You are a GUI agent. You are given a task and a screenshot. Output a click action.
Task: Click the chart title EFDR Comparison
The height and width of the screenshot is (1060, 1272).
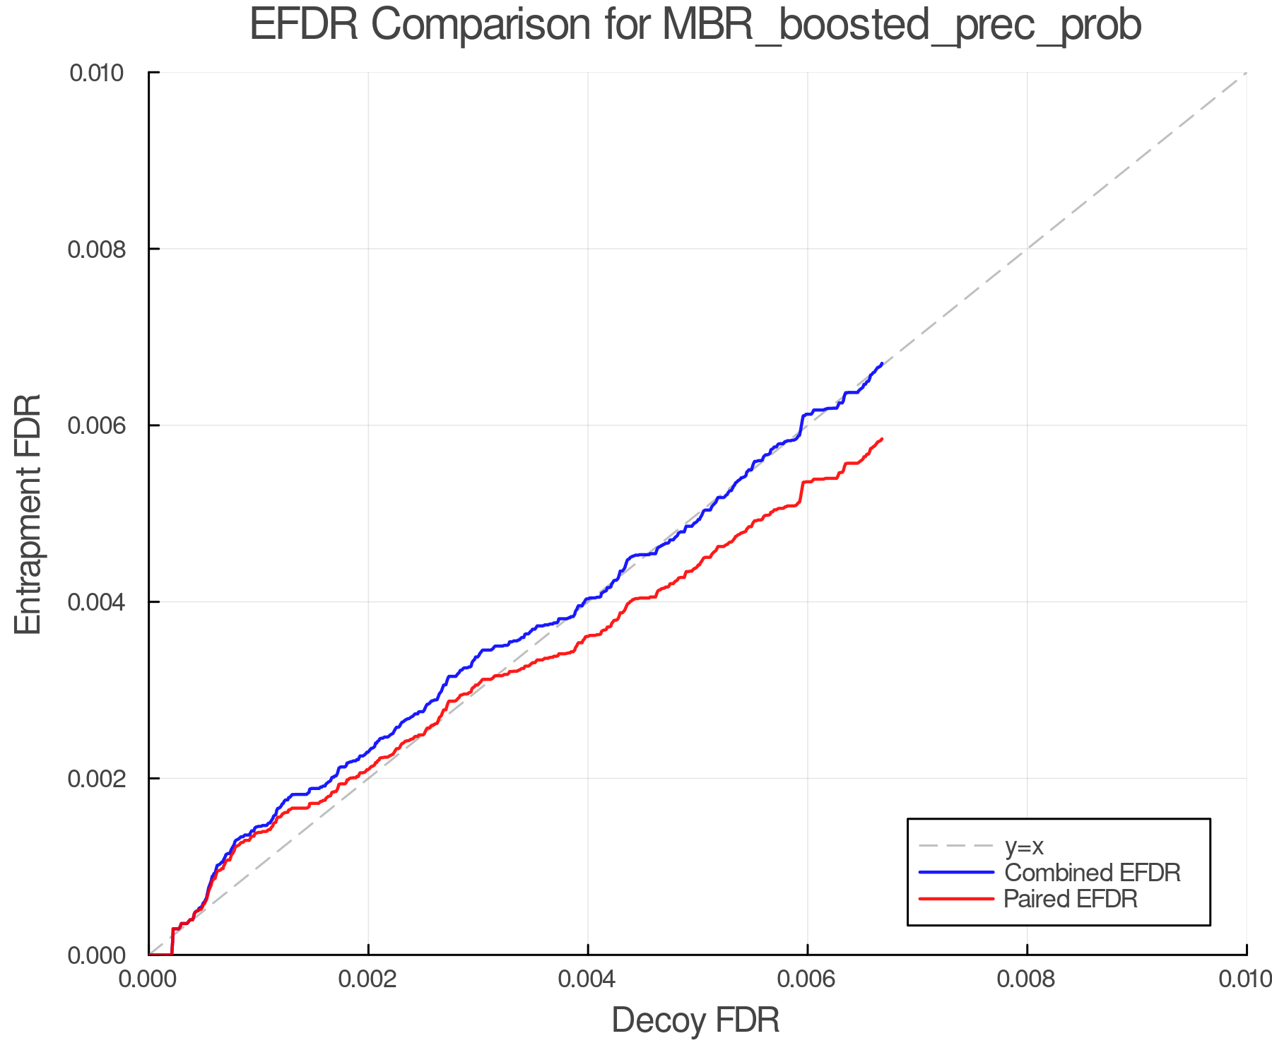(x=695, y=25)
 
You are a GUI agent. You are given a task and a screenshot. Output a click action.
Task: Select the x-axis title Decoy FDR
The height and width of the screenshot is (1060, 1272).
(x=695, y=1020)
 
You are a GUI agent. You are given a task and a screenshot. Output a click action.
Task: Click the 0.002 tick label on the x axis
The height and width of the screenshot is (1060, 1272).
(x=368, y=979)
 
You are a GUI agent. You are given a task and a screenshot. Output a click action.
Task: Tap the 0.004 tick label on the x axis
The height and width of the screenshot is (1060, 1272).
(x=588, y=979)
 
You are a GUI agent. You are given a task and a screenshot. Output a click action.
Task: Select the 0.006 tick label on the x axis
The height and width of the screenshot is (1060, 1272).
(x=808, y=979)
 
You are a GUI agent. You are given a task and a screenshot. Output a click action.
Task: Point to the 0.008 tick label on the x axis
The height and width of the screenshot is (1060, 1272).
(x=1027, y=979)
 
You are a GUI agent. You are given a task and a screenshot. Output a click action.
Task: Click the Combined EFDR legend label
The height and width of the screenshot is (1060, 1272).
(x=1093, y=873)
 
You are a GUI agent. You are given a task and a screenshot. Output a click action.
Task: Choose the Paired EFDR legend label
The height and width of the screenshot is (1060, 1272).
(x=1071, y=899)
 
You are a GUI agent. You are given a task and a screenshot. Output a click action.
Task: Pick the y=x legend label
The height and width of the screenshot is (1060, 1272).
(x=1024, y=846)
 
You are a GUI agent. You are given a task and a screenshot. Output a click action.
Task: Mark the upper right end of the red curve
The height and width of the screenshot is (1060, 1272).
(x=882, y=439)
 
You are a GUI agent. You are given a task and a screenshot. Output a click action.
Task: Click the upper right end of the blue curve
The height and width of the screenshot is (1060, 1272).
(x=882, y=363)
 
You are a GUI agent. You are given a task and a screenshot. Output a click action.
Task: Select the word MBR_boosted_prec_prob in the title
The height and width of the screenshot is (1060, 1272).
(x=902, y=25)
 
